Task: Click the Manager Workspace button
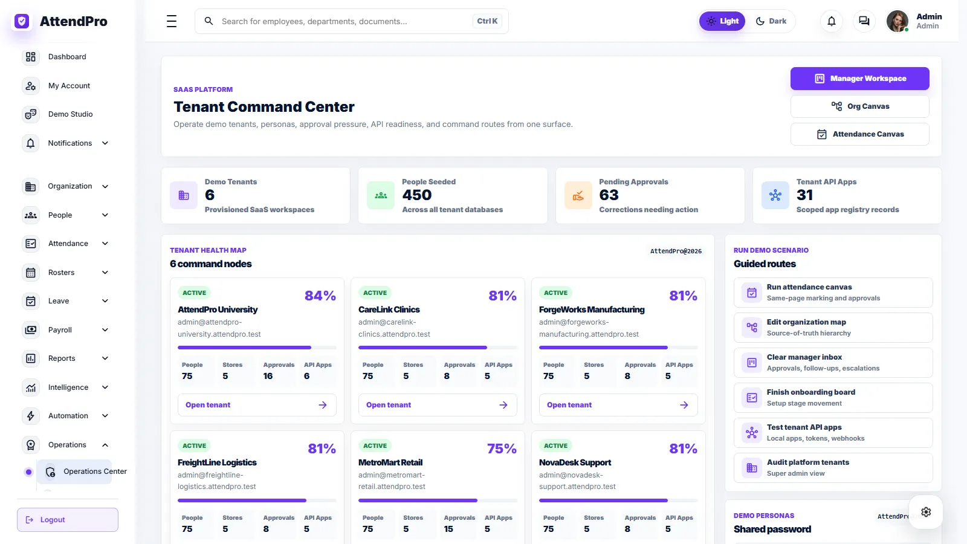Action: coord(859,79)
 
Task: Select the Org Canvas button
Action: coord(859,106)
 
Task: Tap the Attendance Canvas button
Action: coord(859,134)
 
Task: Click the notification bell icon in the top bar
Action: coord(832,21)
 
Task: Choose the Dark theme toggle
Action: coord(771,21)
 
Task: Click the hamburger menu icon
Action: coord(172,21)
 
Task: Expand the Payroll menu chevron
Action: coord(105,330)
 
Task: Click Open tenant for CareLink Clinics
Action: coord(438,405)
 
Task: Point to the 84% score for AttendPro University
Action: coord(320,296)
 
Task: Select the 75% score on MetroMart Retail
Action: coord(502,448)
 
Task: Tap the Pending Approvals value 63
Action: coord(609,195)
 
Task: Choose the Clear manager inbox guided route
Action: coord(833,363)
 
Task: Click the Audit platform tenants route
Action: coord(833,468)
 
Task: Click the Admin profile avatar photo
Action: coord(897,21)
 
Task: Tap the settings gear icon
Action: coord(926,512)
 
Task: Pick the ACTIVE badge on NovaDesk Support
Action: coord(555,445)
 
